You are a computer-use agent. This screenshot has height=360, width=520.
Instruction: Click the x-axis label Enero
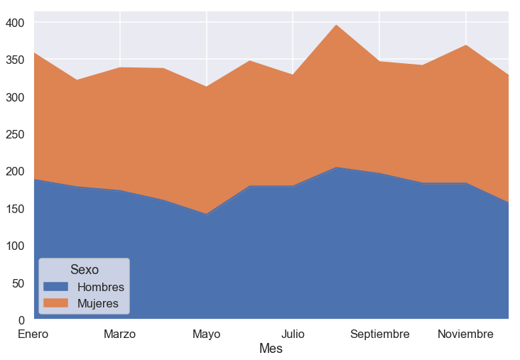tap(33, 334)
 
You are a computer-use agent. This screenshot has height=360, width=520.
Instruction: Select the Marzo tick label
tap(120, 334)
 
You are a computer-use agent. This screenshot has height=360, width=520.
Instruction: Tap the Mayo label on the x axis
tap(206, 334)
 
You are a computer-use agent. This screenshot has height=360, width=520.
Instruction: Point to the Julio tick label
tap(293, 334)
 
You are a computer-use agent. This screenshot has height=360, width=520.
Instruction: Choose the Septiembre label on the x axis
tap(380, 334)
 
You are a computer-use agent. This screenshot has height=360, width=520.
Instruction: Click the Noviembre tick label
tap(465, 334)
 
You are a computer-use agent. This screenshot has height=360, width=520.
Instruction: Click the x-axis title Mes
tap(271, 349)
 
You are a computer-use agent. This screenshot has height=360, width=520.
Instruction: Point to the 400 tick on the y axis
tap(15, 23)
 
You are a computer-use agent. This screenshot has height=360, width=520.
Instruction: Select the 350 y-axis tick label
tap(15, 60)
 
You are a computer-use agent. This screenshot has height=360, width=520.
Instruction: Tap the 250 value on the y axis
tap(15, 134)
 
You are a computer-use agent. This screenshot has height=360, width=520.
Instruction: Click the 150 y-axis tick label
tap(15, 209)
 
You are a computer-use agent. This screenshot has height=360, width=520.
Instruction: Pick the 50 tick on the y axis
tap(18, 283)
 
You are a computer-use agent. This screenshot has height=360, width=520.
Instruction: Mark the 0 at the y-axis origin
tap(21, 320)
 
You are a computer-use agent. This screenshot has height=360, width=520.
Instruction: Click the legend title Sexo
tap(85, 270)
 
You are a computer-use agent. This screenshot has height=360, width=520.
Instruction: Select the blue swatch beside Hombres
tap(55, 286)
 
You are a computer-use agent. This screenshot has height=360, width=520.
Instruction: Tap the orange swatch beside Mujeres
tap(55, 302)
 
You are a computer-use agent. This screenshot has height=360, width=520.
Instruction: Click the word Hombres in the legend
tap(101, 287)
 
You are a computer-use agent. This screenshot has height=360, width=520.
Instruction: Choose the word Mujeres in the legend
tap(98, 303)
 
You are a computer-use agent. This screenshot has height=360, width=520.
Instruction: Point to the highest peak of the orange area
tap(336, 25)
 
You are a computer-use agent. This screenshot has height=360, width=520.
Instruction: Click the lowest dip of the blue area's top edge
tap(206, 214)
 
